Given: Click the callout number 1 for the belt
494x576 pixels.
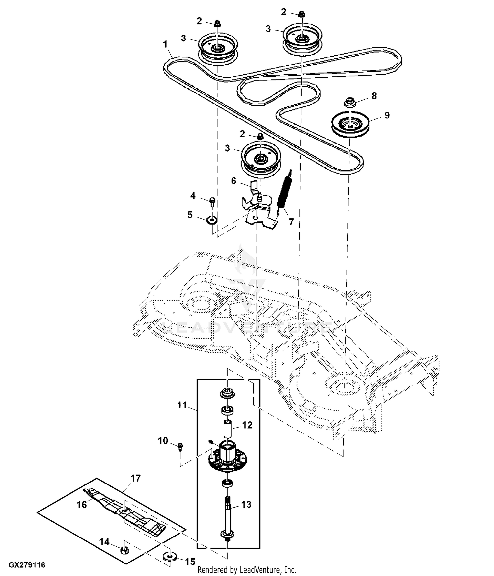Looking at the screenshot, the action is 165,44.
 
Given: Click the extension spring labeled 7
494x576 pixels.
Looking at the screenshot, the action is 285,191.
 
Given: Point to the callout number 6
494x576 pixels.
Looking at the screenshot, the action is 233,181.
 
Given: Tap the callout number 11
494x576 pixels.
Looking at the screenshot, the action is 182,405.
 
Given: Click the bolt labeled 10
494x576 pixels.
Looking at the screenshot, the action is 180,447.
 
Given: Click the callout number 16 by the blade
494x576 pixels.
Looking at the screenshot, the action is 82,504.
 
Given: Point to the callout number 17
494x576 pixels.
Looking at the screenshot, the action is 136,478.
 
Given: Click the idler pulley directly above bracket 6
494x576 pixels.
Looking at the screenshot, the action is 261,158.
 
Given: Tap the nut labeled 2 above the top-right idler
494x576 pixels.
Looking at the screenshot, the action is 301,14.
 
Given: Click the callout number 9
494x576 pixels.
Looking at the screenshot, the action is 387,115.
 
